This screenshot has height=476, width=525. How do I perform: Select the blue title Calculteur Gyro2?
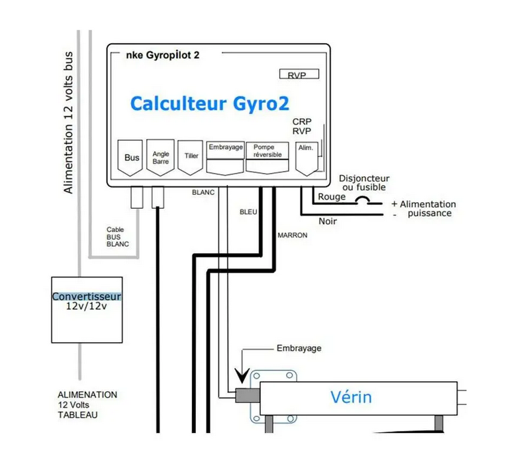(209, 104)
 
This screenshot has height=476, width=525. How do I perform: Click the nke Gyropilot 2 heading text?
(162, 56)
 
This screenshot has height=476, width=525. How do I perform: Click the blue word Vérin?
(351, 397)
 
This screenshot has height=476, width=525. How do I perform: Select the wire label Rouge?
(332, 197)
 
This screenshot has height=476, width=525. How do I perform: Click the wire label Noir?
(328, 221)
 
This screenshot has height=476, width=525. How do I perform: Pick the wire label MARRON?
(292, 235)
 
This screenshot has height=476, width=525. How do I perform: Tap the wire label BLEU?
(248, 212)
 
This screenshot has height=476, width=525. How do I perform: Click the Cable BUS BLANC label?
(118, 237)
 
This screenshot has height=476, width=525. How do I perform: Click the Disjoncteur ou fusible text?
(364, 183)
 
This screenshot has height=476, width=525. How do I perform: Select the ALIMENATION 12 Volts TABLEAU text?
(87, 404)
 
